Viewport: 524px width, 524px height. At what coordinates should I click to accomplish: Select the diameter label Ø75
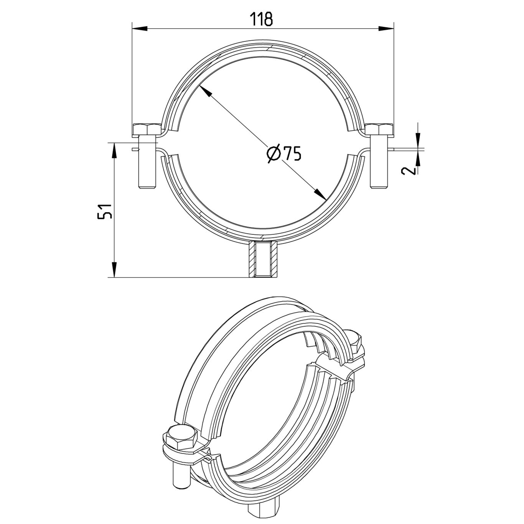[x=284, y=154]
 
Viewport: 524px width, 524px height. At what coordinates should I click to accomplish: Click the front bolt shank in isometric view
[x=181, y=476]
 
